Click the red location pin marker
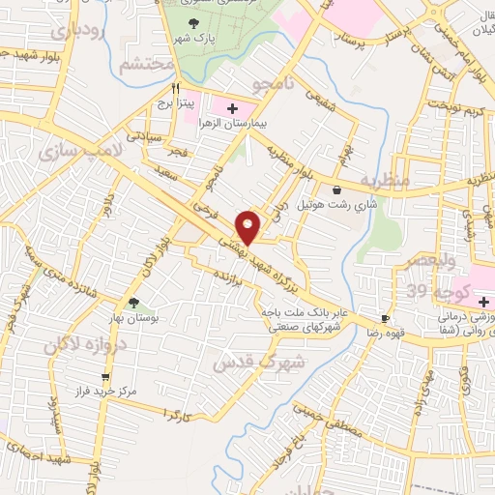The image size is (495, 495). pyautogui.click(x=249, y=225)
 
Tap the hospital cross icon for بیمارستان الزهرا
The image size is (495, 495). pyautogui.click(x=232, y=107)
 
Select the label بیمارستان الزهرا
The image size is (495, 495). pyautogui.click(x=224, y=125)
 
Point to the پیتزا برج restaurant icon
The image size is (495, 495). pyautogui.click(x=175, y=86)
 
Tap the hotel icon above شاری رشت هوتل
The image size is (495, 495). pyautogui.click(x=335, y=190)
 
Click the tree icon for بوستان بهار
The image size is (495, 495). pyautogui.click(x=133, y=304)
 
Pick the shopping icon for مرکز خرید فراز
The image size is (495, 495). pyautogui.click(x=104, y=378)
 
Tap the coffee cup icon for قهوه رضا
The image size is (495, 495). pyautogui.click(x=386, y=318)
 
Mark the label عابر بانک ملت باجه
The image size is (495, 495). pyautogui.click(x=302, y=312)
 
